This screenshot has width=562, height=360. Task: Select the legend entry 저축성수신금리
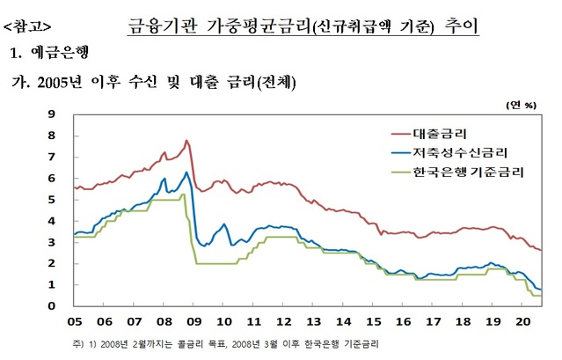pos(457,152)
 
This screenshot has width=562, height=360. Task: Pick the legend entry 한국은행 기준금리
pos(466,171)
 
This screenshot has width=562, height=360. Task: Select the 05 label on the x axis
pos(77,322)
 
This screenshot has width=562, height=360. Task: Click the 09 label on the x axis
pos(195,322)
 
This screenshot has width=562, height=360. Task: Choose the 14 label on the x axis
pos(344,322)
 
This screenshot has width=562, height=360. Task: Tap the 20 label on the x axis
pos(522,322)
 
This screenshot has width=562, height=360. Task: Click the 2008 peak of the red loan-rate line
pos(186,140)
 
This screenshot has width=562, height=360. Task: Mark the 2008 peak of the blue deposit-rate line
pos(186,173)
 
